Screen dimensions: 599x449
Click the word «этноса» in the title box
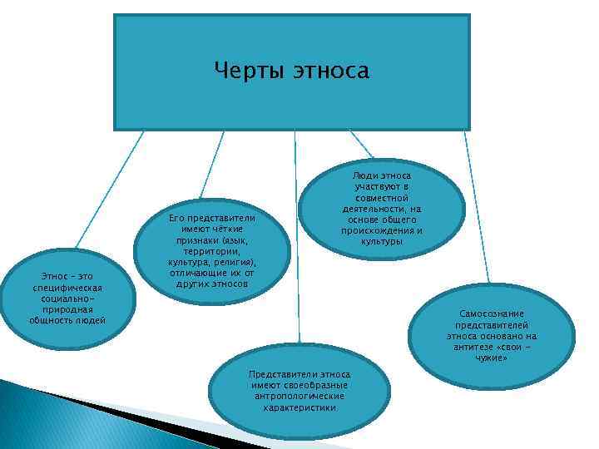[329, 71]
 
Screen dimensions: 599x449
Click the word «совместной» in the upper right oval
[382, 198]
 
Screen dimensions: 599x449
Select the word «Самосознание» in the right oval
[492, 314]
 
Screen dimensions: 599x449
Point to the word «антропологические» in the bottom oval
[299, 396]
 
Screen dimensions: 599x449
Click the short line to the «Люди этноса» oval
[361, 143]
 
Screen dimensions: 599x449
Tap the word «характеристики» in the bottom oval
[299, 407]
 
